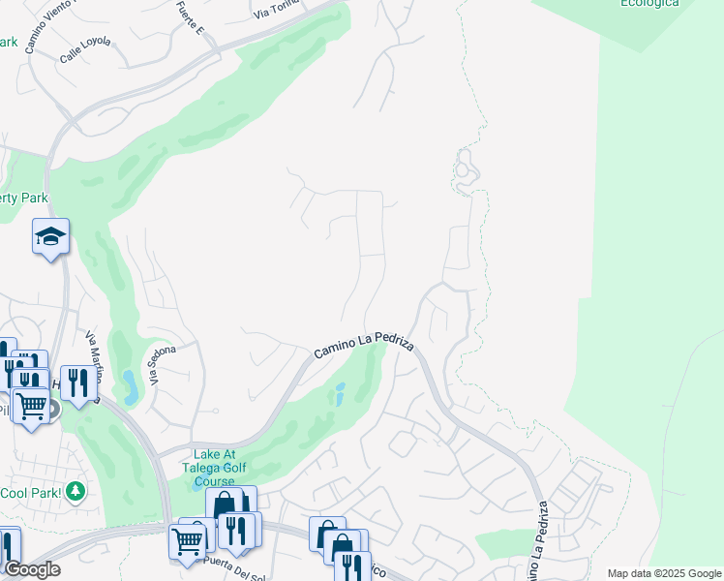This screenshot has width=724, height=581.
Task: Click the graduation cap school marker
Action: click(x=50, y=236)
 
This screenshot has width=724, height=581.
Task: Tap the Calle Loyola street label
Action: click(x=85, y=50)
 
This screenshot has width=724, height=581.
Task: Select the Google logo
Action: click(x=32, y=569)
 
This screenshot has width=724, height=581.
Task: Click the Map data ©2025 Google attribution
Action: click(x=664, y=573)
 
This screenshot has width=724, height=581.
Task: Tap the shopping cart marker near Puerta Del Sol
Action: click(x=187, y=540)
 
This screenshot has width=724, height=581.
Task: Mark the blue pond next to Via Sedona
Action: click(x=130, y=385)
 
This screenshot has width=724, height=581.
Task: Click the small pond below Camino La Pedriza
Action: click(x=339, y=395)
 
